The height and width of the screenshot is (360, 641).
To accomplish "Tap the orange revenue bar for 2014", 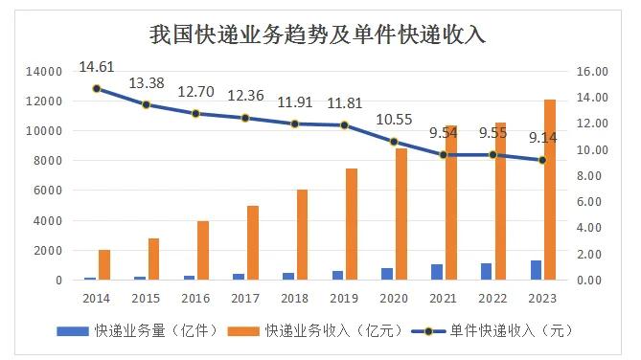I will coord(104,264).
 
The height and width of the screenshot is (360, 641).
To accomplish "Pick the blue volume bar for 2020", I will coord(387,274).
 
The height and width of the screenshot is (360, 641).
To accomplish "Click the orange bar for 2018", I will coord(302,235).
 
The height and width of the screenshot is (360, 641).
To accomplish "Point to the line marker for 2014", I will coord(97,89).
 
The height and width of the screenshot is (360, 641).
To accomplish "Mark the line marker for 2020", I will coord(393,142).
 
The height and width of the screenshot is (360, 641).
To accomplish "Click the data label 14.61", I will coord(97,66).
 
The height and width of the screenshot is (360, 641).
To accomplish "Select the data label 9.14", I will coord(542,138).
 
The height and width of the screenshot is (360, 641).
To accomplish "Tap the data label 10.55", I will coord(393,119).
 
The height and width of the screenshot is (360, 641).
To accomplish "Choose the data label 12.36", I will coord(245,96).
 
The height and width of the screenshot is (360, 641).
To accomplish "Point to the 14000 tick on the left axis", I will coord(45,71).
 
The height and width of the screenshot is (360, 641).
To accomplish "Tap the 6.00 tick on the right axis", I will coord(591,202).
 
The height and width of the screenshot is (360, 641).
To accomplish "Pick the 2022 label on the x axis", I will coord(492,298).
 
